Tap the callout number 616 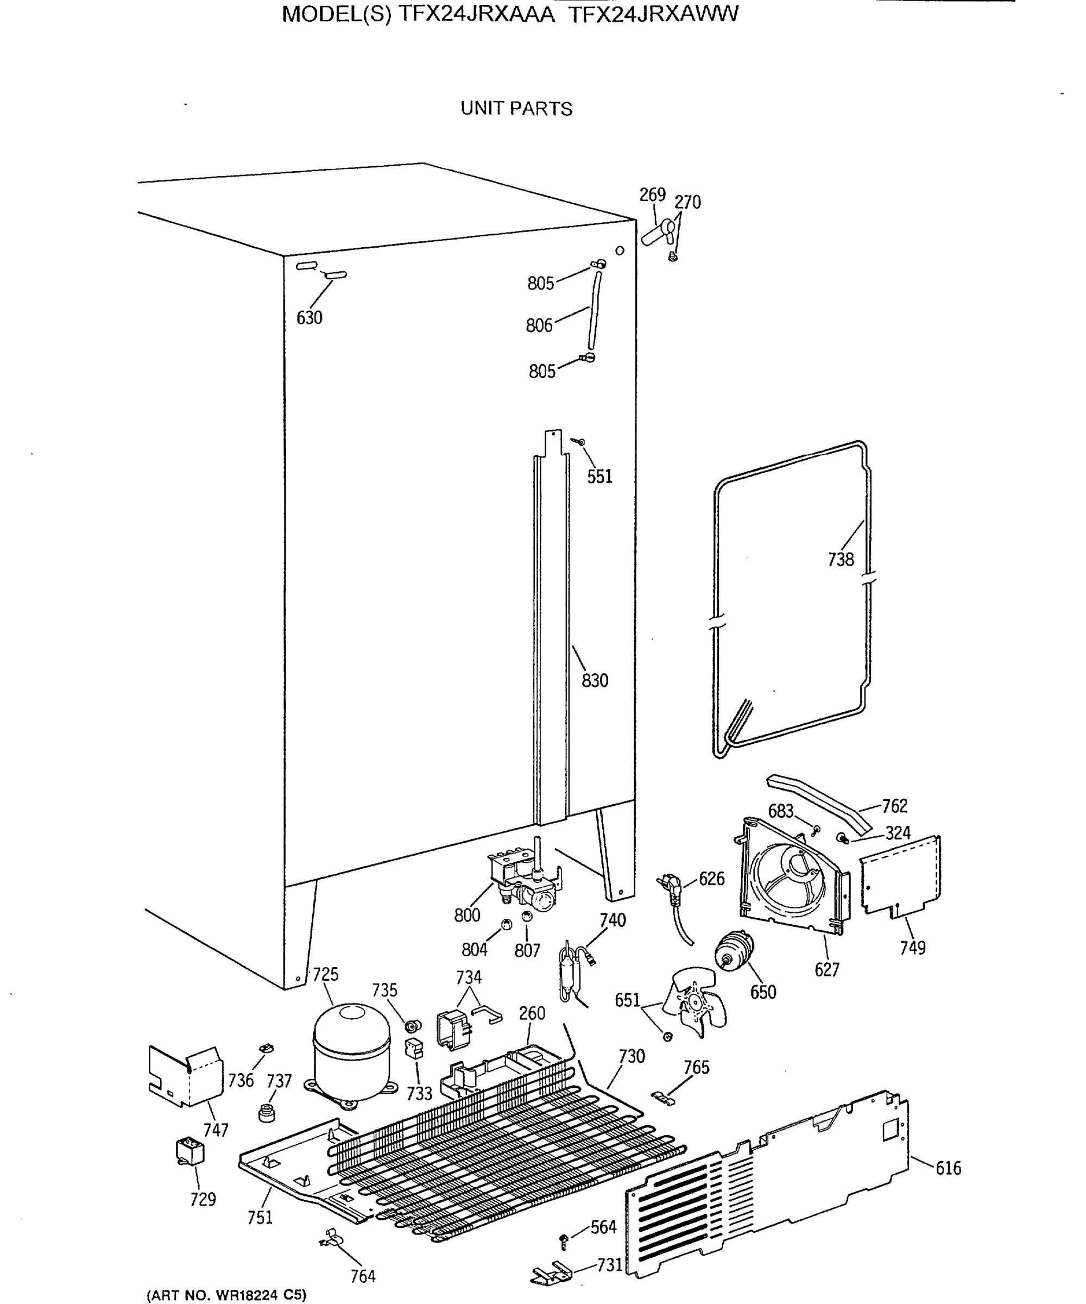click(948, 1168)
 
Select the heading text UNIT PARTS click(516, 109)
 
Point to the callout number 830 click(595, 681)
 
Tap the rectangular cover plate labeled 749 click(900, 875)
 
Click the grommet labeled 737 click(267, 1112)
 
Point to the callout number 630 click(309, 318)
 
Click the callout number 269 click(652, 195)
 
